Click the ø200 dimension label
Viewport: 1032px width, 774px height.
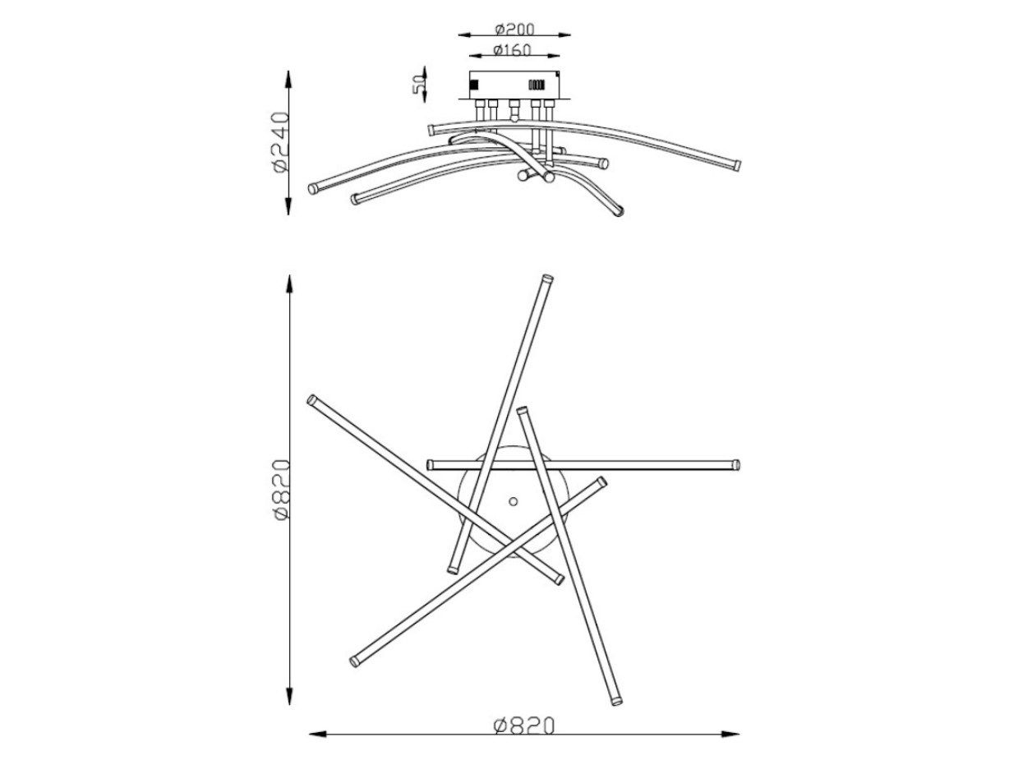pyautogui.click(x=514, y=29)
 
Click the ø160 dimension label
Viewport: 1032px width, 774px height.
pyautogui.click(x=512, y=50)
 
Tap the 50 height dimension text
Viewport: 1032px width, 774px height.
pyautogui.click(x=419, y=85)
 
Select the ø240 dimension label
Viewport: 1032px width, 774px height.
pyautogui.click(x=280, y=142)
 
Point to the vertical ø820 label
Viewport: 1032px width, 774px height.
pyautogui.click(x=281, y=489)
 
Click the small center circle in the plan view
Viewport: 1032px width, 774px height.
pyautogui.click(x=513, y=501)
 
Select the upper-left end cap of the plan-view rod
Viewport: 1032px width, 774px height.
pyautogui.click(x=311, y=400)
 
